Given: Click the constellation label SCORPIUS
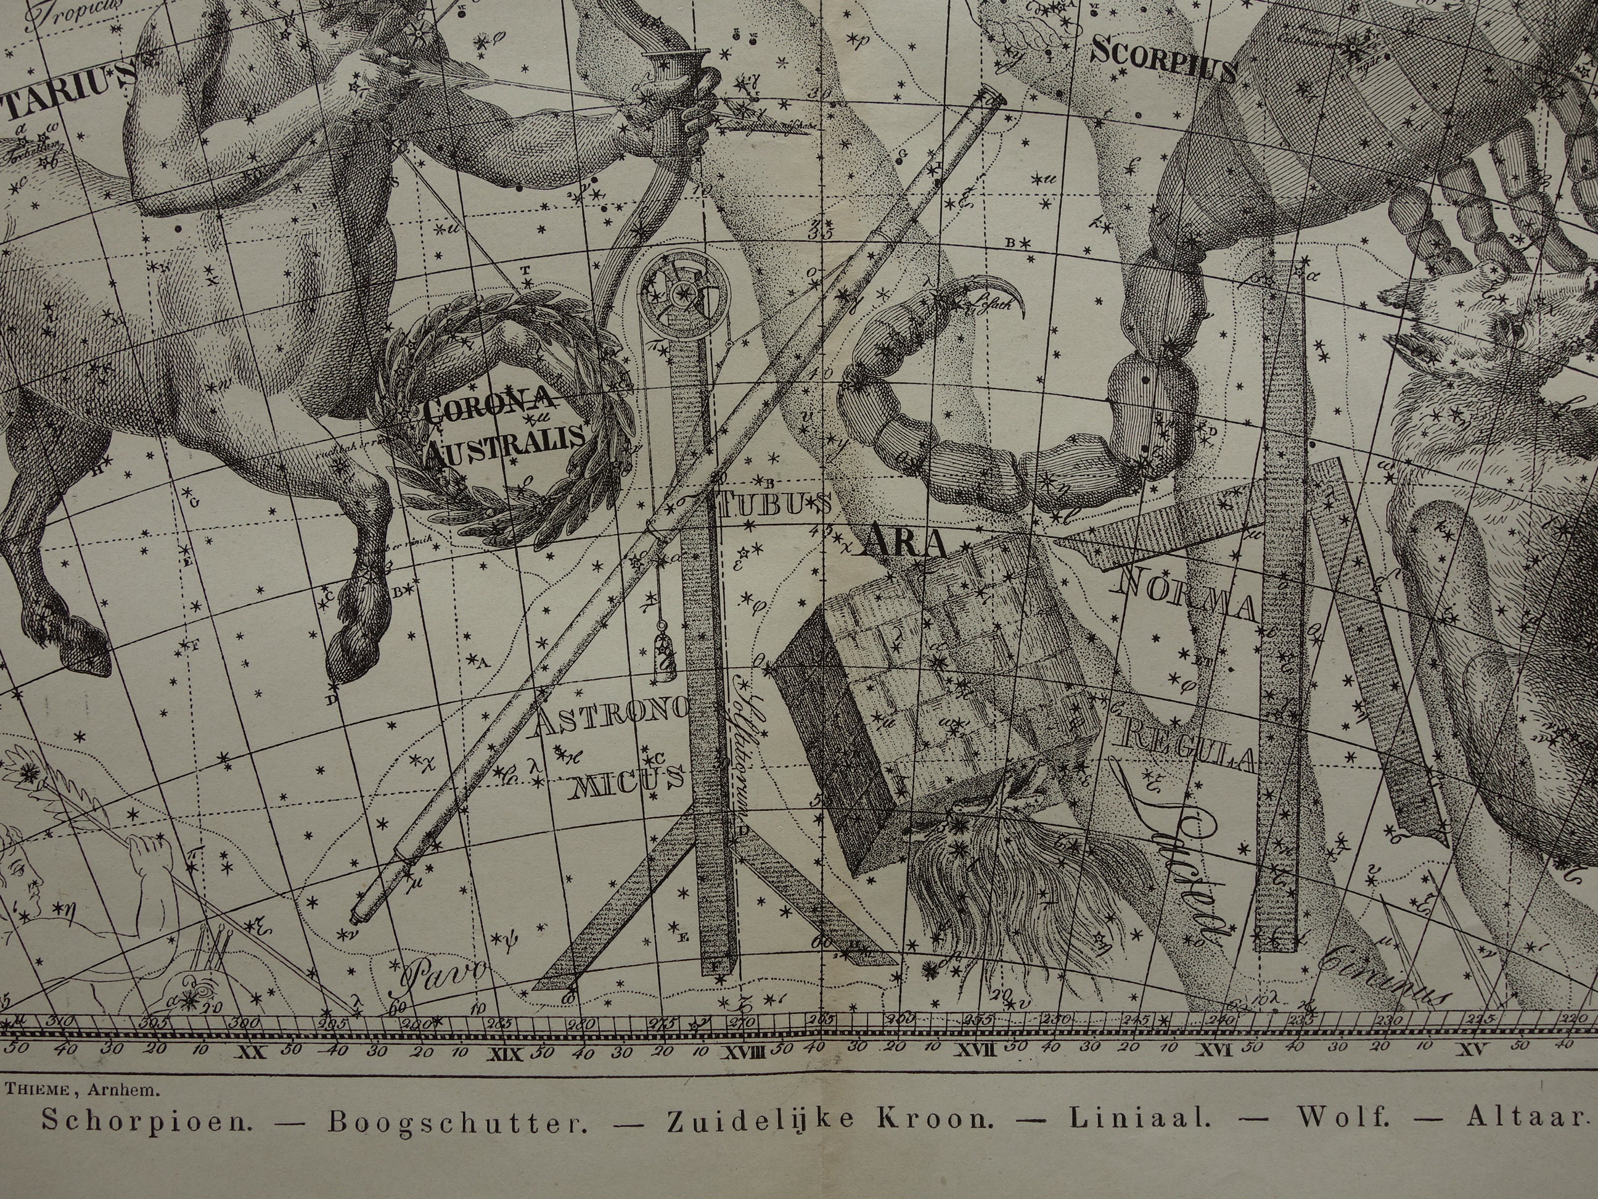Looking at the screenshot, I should click(1163, 60).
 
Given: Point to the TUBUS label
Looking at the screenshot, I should click(774, 504).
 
